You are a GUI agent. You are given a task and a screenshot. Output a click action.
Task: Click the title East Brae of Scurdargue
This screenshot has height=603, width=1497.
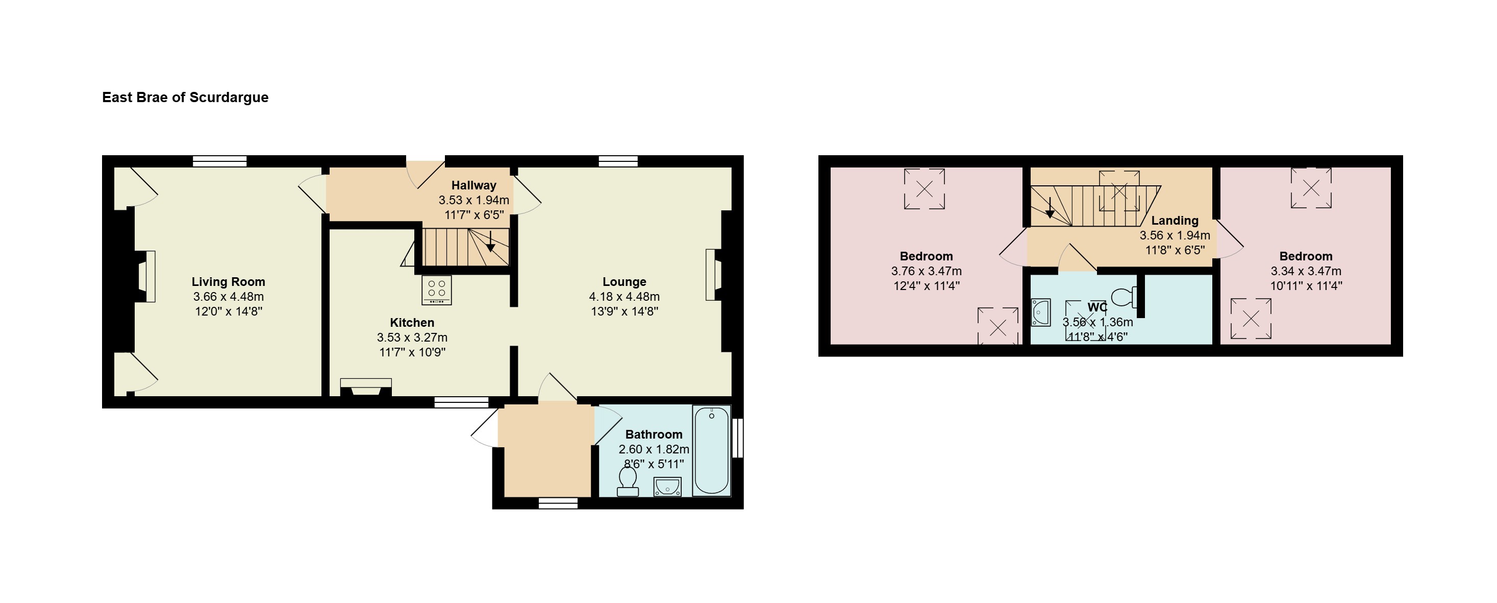click(185, 97)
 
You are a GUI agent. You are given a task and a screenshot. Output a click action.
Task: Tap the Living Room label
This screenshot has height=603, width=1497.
click(229, 282)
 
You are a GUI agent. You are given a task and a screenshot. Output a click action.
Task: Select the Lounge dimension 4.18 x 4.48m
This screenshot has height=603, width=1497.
click(624, 297)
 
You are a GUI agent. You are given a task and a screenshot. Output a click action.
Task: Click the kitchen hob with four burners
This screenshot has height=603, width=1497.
click(436, 290)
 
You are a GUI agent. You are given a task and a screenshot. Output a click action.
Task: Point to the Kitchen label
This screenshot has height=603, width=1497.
click(412, 323)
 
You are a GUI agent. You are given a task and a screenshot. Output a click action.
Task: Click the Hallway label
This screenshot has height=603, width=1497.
click(473, 185)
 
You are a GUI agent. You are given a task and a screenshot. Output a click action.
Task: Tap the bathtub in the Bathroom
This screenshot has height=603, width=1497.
click(711, 451)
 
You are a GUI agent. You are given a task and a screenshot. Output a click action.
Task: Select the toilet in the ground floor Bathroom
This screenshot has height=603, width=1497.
click(628, 482)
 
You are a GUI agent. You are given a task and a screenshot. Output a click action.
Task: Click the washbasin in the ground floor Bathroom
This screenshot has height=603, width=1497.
click(667, 486)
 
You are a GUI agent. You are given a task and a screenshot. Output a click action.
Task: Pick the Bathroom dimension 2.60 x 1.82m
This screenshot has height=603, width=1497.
click(654, 449)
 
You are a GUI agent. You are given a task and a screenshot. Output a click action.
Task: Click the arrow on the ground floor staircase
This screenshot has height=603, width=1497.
click(490, 242)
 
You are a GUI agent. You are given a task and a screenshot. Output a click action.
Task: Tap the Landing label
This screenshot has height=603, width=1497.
click(1175, 221)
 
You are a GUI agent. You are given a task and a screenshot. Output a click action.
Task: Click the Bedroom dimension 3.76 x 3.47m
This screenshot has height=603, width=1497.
click(927, 271)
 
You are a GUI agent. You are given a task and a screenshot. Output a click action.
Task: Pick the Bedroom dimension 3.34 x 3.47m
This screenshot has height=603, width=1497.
click(1306, 271)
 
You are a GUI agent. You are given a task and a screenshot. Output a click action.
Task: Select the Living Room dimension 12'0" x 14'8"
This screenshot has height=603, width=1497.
click(229, 311)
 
